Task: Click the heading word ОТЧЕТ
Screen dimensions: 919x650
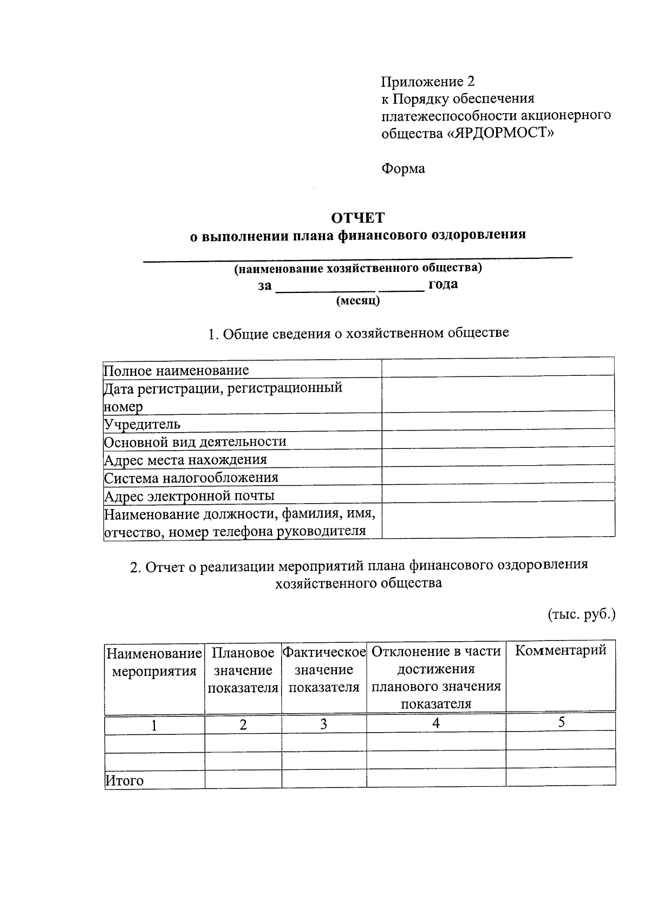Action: pyautogui.click(x=357, y=218)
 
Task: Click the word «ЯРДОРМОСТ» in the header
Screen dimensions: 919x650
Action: pyautogui.click(x=500, y=132)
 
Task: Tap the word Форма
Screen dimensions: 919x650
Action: pyautogui.click(x=403, y=168)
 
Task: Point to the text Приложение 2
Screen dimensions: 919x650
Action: pyautogui.click(x=428, y=82)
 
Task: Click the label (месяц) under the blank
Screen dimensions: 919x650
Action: pyautogui.click(x=358, y=301)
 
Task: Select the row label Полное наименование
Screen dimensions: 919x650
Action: pyautogui.click(x=177, y=370)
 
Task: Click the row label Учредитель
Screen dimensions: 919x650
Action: pyautogui.click(x=142, y=424)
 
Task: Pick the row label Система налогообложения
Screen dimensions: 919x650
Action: pyautogui.click(x=191, y=478)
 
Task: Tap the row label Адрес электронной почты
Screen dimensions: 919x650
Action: pyautogui.click(x=190, y=496)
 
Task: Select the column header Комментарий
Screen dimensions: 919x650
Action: pyautogui.click(x=561, y=650)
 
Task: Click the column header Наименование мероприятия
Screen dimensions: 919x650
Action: pyautogui.click(x=154, y=662)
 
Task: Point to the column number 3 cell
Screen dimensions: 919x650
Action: pyautogui.click(x=323, y=725)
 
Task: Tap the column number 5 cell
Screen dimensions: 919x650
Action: pyautogui.click(x=561, y=722)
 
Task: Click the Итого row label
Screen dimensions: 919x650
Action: pyautogui.click(x=125, y=780)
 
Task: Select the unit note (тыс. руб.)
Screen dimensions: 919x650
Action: pyautogui.click(x=581, y=615)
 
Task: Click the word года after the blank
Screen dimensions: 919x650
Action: pyautogui.click(x=443, y=284)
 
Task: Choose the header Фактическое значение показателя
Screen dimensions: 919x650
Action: pyautogui.click(x=324, y=669)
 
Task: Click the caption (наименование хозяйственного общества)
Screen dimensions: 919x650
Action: pyautogui.click(x=357, y=268)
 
